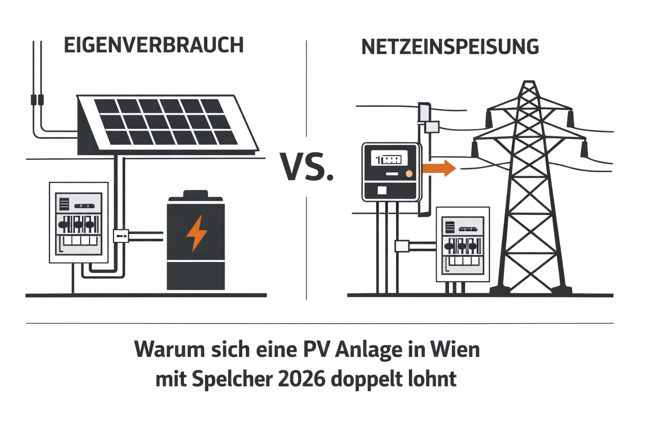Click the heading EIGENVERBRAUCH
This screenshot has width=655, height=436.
[154, 46]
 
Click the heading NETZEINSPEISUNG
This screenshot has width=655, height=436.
[450, 47]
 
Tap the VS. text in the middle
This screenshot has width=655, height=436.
[307, 167]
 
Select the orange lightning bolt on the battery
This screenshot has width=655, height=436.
[197, 233]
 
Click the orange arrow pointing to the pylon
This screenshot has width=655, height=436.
[439, 168]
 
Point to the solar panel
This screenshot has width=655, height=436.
[166, 122]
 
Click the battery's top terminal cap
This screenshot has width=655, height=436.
[195, 195]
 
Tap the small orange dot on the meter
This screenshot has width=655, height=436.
[409, 174]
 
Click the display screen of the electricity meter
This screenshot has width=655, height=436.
[389, 159]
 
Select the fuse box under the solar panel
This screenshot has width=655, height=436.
[79, 223]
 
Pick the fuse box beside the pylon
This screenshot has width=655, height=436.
[463, 244]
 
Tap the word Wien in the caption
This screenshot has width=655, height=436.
[455, 350]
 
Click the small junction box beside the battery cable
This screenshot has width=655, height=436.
[121, 235]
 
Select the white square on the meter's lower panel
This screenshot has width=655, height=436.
[382, 190]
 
